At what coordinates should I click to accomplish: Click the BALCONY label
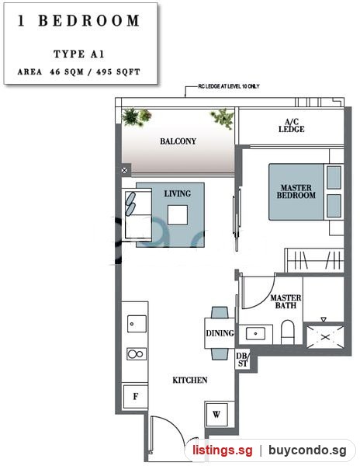tap(178, 141)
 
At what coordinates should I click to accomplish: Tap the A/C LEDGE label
tap(292, 125)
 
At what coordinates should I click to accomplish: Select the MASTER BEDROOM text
tap(296, 191)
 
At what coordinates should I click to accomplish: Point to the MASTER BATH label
tap(286, 301)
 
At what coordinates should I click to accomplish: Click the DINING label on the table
tap(220, 333)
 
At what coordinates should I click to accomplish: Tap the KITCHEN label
tap(190, 380)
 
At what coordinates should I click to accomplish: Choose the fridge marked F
tap(135, 396)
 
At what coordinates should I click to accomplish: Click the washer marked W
tap(216, 414)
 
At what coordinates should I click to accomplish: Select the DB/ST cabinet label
tap(242, 360)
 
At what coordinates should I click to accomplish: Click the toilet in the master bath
tap(288, 332)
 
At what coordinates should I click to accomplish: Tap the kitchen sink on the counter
tap(137, 324)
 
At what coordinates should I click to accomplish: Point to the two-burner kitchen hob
tap(137, 354)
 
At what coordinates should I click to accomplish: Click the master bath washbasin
tap(256, 334)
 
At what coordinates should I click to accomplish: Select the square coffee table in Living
tap(178, 215)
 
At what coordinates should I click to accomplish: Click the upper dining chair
tap(220, 313)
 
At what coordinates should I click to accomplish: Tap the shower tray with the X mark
tap(325, 337)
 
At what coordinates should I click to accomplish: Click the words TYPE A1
tap(79, 54)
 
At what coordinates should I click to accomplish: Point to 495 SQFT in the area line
tap(118, 72)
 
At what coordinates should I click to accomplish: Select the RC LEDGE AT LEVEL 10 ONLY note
tap(229, 86)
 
